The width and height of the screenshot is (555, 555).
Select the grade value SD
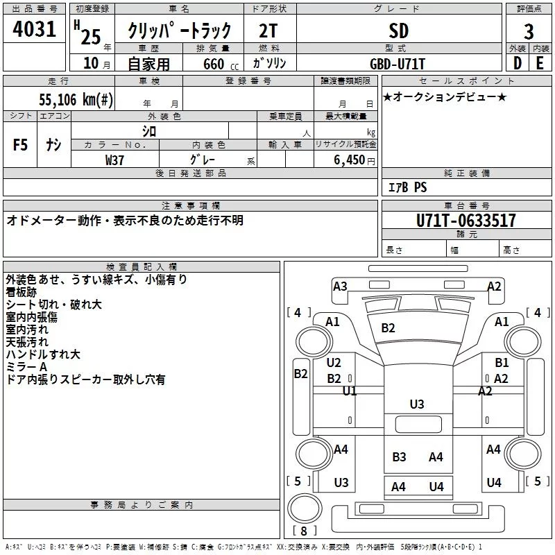(x=399, y=31)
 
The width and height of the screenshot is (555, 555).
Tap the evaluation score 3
(x=529, y=31)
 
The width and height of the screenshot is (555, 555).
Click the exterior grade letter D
(x=517, y=62)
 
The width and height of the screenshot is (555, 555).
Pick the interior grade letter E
(x=540, y=62)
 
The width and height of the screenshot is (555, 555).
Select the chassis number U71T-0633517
(x=466, y=221)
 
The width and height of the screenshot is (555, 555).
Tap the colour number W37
(x=115, y=159)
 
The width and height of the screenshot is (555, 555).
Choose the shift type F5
(x=20, y=145)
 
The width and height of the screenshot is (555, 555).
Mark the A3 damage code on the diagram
(x=340, y=286)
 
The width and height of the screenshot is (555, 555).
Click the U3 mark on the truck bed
(x=417, y=404)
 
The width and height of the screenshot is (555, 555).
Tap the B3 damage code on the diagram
(x=399, y=456)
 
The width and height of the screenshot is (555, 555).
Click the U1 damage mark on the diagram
(x=350, y=391)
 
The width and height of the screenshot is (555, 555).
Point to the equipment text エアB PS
(x=407, y=187)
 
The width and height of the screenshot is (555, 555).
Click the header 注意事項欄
(x=191, y=206)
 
